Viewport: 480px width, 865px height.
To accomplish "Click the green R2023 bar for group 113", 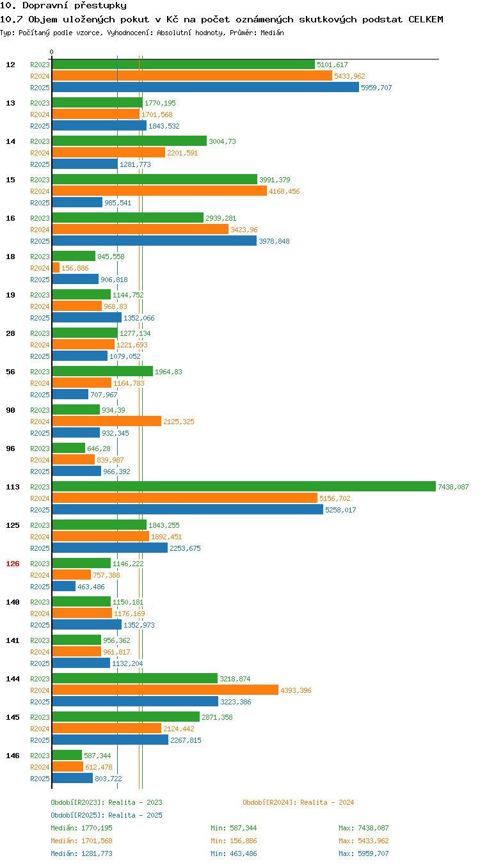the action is [244, 486].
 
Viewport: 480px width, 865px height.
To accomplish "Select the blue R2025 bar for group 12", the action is [205, 87].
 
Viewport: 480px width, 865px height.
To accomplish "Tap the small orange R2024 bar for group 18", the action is [56, 267].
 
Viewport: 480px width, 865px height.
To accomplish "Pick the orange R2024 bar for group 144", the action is [165, 690].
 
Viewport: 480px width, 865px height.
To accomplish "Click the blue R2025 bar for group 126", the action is [64, 586].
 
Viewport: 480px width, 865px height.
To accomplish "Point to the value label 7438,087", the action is [453, 487].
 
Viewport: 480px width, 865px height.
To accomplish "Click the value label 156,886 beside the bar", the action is [75, 268].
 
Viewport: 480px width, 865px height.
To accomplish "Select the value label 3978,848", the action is [274, 241].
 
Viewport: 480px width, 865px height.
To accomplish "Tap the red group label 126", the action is [12, 564].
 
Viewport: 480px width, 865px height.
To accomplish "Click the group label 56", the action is [10, 372].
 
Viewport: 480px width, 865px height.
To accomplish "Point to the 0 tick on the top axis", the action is [51, 52].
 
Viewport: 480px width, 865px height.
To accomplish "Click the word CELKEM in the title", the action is [426, 19].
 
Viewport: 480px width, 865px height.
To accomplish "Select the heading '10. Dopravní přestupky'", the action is [63, 5].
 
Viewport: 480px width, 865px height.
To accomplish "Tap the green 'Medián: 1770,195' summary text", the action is [81, 827].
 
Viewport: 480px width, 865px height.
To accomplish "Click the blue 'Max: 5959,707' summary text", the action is [364, 853].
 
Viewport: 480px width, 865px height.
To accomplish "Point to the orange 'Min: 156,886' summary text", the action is [234, 840].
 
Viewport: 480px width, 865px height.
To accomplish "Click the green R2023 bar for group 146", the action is [67, 755].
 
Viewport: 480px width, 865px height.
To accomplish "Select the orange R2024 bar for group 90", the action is [107, 421].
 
